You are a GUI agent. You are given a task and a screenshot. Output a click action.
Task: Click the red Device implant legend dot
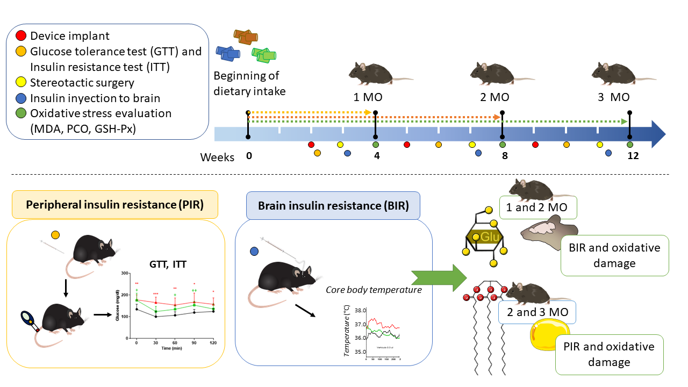[x=20, y=37]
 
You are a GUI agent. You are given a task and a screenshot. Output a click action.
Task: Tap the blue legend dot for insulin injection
[x=20, y=98]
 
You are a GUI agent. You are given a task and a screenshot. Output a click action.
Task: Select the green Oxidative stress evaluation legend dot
[x=20, y=114]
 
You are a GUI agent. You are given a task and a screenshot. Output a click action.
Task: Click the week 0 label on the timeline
[x=249, y=156]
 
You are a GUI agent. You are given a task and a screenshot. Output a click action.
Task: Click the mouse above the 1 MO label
[x=376, y=73]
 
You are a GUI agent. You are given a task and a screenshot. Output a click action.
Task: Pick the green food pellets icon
[x=264, y=55]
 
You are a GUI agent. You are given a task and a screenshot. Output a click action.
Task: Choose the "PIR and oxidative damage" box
[x=608, y=354]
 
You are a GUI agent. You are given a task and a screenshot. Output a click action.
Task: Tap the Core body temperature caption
[x=374, y=290]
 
